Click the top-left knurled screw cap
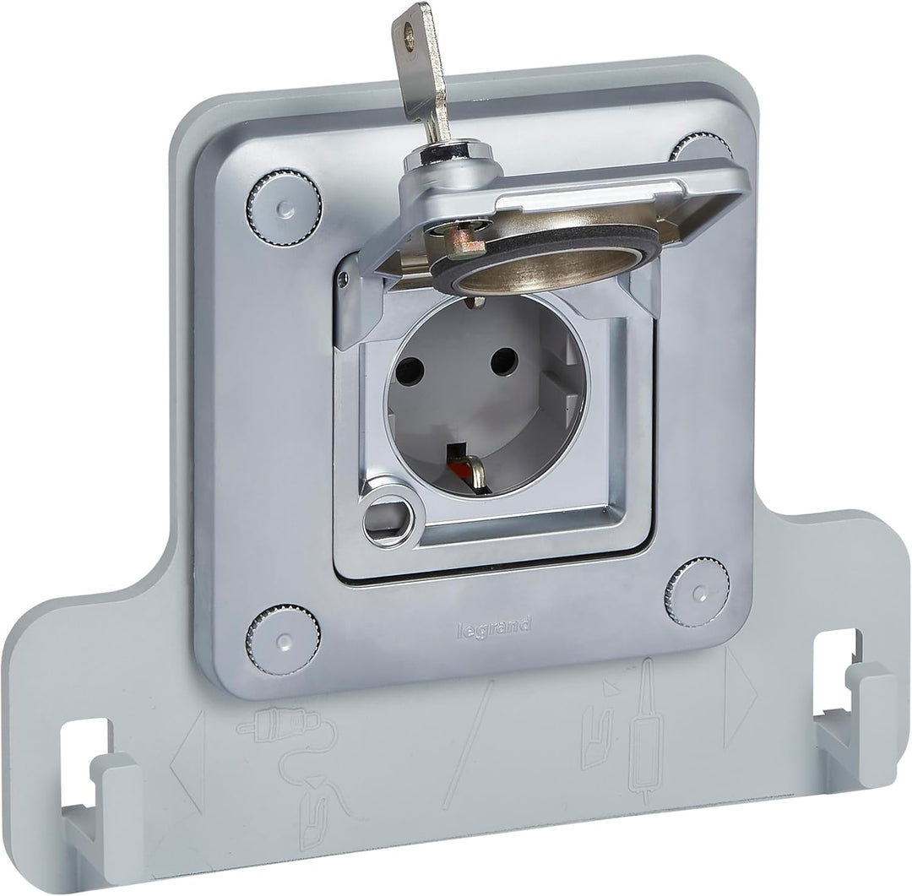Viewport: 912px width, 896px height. pyautogui.click(x=284, y=208)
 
